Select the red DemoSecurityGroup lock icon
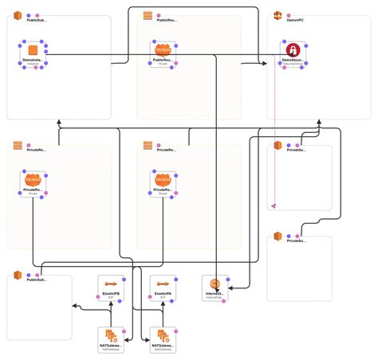coord(293,49)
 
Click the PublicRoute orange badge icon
coord(163,50)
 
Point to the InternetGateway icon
coord(215,284)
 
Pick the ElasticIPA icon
coord(163,284)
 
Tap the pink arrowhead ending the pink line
coord(274,205)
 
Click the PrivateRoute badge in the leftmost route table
coord(33,180)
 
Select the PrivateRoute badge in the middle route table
coord(163,180)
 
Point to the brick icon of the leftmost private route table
coord(17,147)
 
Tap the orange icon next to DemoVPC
coord(278,17)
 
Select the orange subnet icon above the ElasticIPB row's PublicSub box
coord(17,276)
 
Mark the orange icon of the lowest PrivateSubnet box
coord(278,236)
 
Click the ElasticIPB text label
coord(112,294)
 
